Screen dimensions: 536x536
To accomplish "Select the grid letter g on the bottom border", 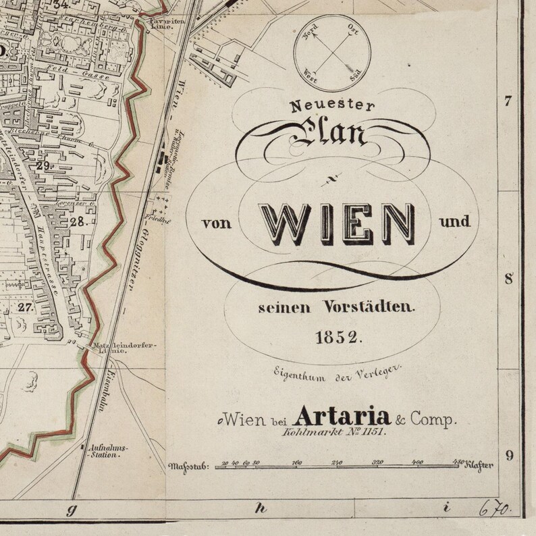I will (70, 510).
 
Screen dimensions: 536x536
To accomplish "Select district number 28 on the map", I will (77, 221).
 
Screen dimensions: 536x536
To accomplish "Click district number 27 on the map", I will (26, 306).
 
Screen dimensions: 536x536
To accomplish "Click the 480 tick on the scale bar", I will (458, 462).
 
